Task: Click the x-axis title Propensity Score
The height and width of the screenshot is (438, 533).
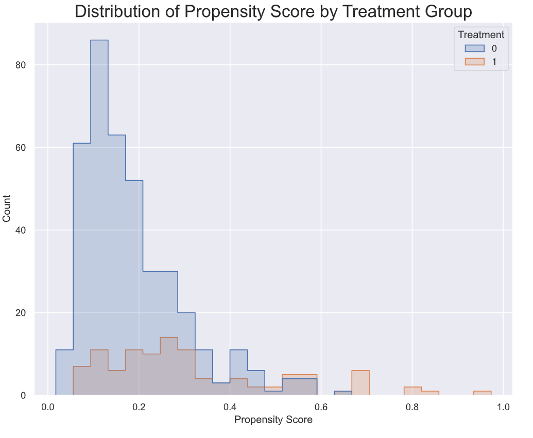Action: coord(273,419)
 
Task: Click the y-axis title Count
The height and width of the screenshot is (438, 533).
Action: coord(7,209)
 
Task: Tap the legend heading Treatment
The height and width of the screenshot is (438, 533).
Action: coord(481,35)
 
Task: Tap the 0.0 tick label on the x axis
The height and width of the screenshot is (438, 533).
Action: coord(48,407)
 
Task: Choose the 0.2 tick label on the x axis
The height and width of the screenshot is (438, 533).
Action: coord(139,407)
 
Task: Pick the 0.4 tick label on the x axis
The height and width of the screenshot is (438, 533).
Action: coord(230,407)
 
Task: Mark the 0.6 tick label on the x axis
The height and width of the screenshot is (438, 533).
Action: coord(321,407)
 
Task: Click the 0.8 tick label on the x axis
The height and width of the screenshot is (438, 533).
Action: coord(412,407)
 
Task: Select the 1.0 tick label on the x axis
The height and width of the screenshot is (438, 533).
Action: coord(503,407)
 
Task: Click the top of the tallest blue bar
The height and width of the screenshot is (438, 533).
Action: coord(99,41)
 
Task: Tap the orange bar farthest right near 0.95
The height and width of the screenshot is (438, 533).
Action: coord(483,393)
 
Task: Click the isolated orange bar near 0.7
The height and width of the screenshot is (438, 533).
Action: coord(360,383)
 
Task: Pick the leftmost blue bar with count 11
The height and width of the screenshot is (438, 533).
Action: coord(64,373)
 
